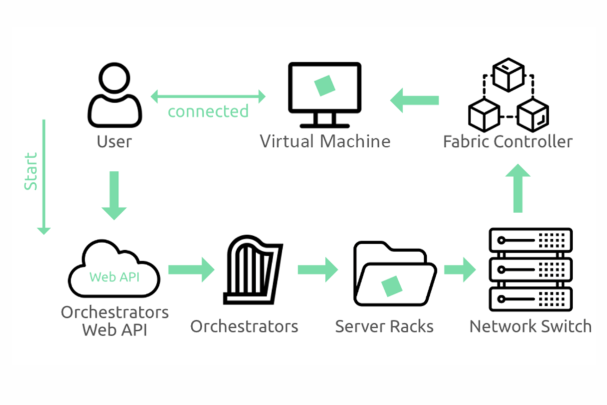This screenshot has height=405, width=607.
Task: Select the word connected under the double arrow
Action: click(x=208, y=111)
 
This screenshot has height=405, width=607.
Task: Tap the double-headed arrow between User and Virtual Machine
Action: click(x=207, y=95)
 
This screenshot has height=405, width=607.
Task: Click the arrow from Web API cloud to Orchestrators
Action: click(x=190, y=270)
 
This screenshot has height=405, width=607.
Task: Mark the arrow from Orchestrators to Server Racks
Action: click(x=317, y=270)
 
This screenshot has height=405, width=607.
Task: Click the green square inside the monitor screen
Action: click(x=324, y=85)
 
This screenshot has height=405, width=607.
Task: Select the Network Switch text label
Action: click(x=530, y=326)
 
